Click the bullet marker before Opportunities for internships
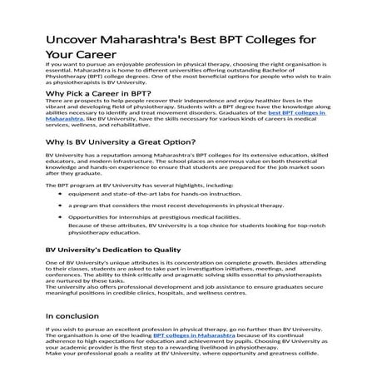pos(60,239)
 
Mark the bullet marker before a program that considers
pos(60,227)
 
